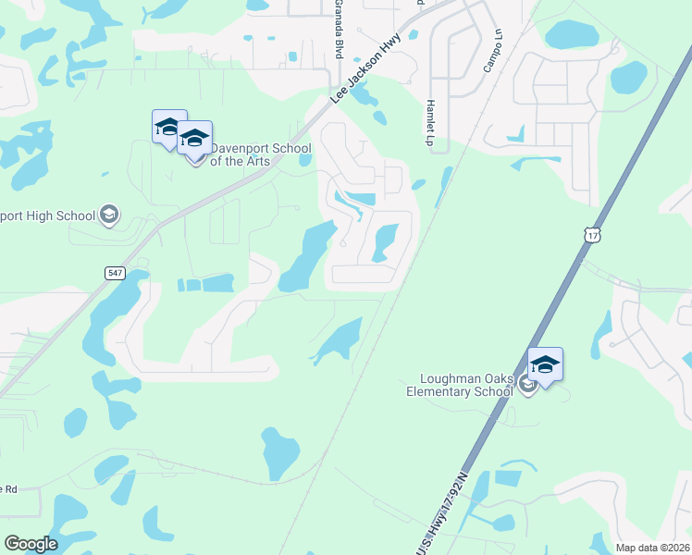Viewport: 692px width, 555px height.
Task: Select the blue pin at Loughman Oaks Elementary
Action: [x=545, y=365]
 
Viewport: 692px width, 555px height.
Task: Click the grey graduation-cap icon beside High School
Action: [x=109, y=216]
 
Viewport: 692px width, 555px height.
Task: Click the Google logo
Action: [x=31, y=544]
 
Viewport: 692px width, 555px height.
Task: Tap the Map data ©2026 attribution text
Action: [x=652, y=548]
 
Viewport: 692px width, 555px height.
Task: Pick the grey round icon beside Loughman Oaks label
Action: [x=526, y=385]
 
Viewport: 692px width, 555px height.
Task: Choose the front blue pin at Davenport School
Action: [x=194, y=141]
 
